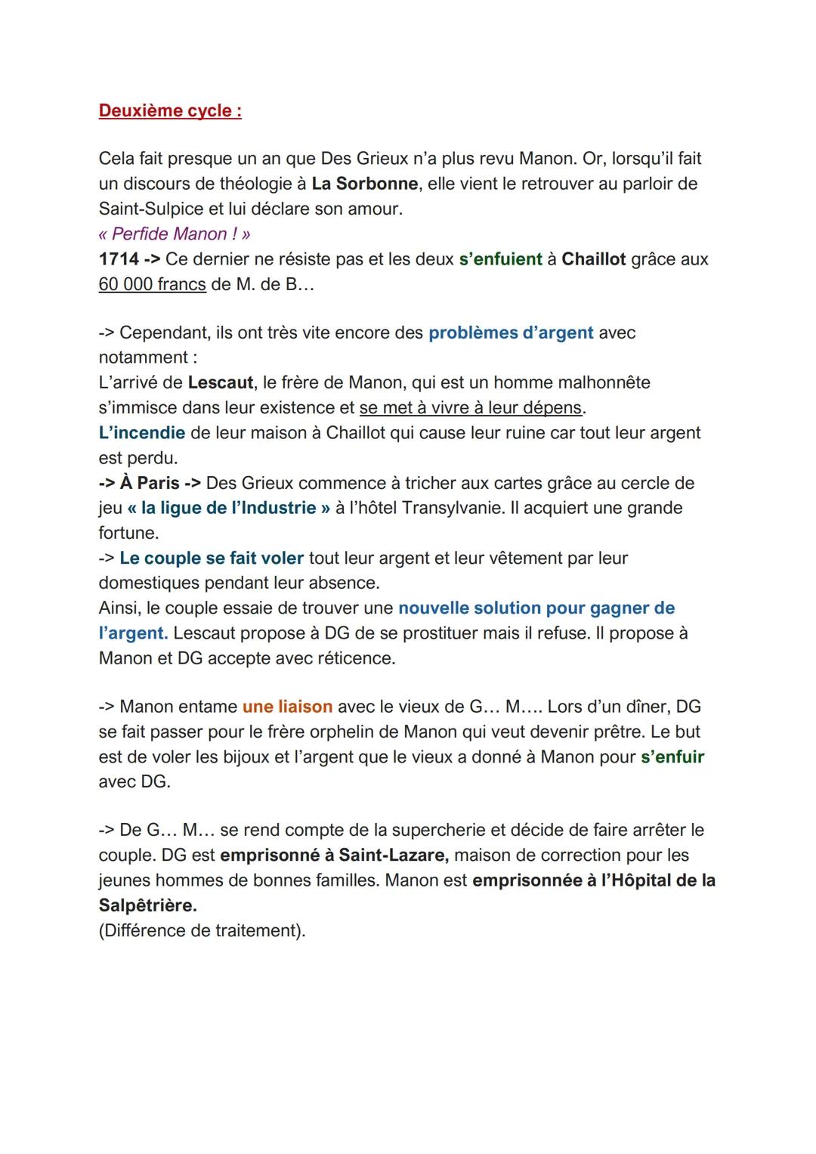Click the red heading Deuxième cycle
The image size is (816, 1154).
[x=170, y=110]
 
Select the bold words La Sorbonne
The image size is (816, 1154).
[x=364, y=184]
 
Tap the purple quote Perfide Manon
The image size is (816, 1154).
[x=175, y=234]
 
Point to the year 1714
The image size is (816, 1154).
[x=119, y=259]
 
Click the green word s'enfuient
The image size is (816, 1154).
[x=500, y=259]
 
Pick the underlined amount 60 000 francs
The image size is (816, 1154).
[x=152, y=284]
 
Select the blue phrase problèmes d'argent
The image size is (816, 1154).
[x=511, y=333]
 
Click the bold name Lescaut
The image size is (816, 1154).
[x=221, y=382]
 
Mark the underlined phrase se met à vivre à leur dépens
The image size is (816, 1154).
[x=471, y=407]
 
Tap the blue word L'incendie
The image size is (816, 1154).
[x=142, y=433]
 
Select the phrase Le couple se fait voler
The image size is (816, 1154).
[x=212, y=558]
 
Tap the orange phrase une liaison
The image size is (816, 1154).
[x=287, y=707]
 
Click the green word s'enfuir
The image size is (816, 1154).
[x=672, y=756]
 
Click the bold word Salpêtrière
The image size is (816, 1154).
[x=147, y=905]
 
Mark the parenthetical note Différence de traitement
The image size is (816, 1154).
[x=202, y=930]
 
